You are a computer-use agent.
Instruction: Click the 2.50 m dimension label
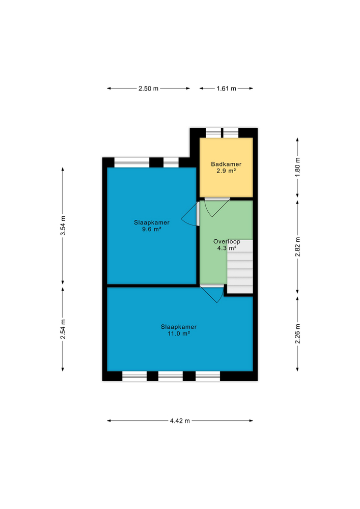tap(148, 89)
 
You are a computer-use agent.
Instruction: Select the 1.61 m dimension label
tap(226, 89)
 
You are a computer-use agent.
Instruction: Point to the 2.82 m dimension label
tap(298, 247)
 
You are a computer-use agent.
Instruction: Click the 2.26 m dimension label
tap(298, 334)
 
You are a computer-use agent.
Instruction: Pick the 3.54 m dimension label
tap(63, 225)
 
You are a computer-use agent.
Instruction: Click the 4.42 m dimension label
tap(180, 421)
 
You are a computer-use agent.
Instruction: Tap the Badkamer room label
tap(226, 164)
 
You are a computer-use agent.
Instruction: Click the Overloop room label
tap(226, 241)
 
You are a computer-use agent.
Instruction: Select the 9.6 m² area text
tap(152, 229)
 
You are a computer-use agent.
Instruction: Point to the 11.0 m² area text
tap(179, 333)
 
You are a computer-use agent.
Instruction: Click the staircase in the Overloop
tap(240, 267)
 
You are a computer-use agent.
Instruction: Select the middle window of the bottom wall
tap(171, 376)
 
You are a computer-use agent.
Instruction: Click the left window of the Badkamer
tap(213, 132)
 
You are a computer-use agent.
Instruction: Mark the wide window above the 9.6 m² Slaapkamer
tap(132, 162)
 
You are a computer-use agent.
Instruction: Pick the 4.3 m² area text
tap(226, 248)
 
